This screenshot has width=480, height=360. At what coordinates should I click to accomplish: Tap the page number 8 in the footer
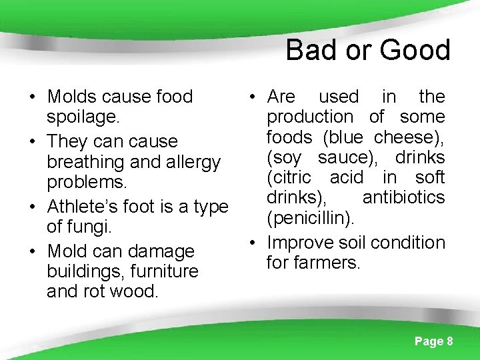(450, 341)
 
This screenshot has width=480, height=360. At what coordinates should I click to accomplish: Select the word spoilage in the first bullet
(83, 117)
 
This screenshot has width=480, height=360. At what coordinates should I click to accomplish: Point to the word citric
(289, 177)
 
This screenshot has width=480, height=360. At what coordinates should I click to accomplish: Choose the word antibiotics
(403, 197)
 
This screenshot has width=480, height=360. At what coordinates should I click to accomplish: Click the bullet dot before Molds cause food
(31, 97)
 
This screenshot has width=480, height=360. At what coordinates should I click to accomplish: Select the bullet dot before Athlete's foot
(31, 207)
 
